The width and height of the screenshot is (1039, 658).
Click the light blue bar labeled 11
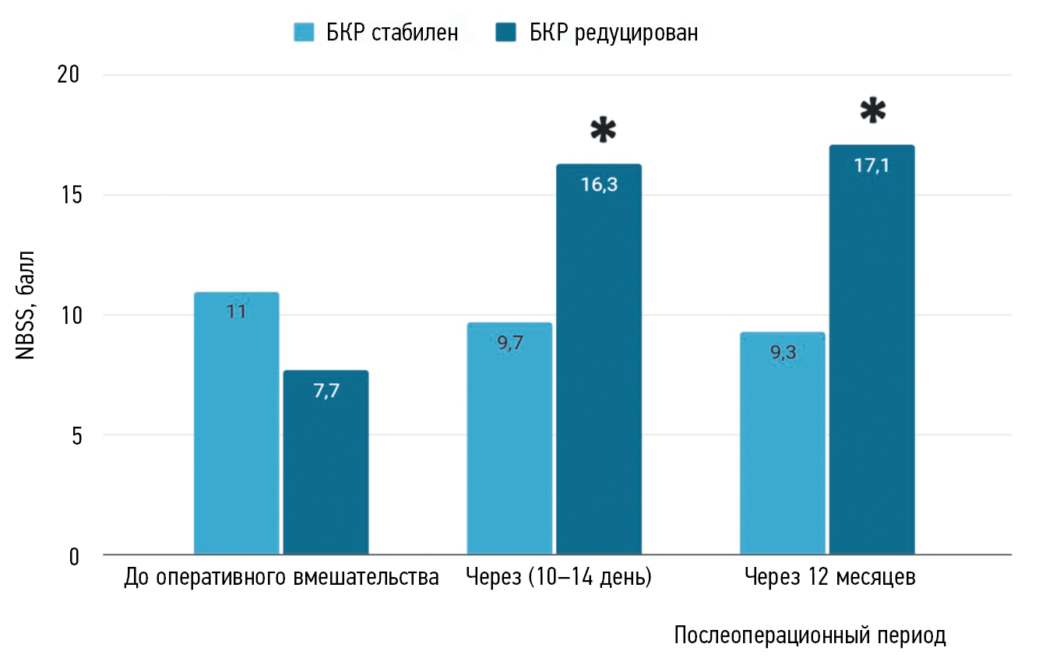tap(236, 424)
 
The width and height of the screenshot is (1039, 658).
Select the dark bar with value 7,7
tap(326, 463)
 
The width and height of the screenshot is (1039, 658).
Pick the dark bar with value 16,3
tap(599, 360)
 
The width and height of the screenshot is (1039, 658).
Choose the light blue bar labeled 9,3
tap(782, 444)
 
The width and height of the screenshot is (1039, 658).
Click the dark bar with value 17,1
tap(872, 350)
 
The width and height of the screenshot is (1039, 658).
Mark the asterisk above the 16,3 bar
tap(602, 132)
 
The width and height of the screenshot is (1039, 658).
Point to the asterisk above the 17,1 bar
tap(873, 111)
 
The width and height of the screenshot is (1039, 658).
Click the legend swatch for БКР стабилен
tap(303, 33)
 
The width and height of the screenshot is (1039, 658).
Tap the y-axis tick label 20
tap(69, 76)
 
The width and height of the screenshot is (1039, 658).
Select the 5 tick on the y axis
tap(75, 435)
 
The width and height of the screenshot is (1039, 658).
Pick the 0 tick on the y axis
tap(75, 556)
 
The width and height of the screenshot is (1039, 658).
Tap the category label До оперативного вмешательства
tap(281, 579)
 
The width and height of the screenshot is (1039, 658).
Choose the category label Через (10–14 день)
tap(558, 579)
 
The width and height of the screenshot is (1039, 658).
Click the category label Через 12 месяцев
tap(829, 579)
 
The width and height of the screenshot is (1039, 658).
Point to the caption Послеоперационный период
tap(810, 636)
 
